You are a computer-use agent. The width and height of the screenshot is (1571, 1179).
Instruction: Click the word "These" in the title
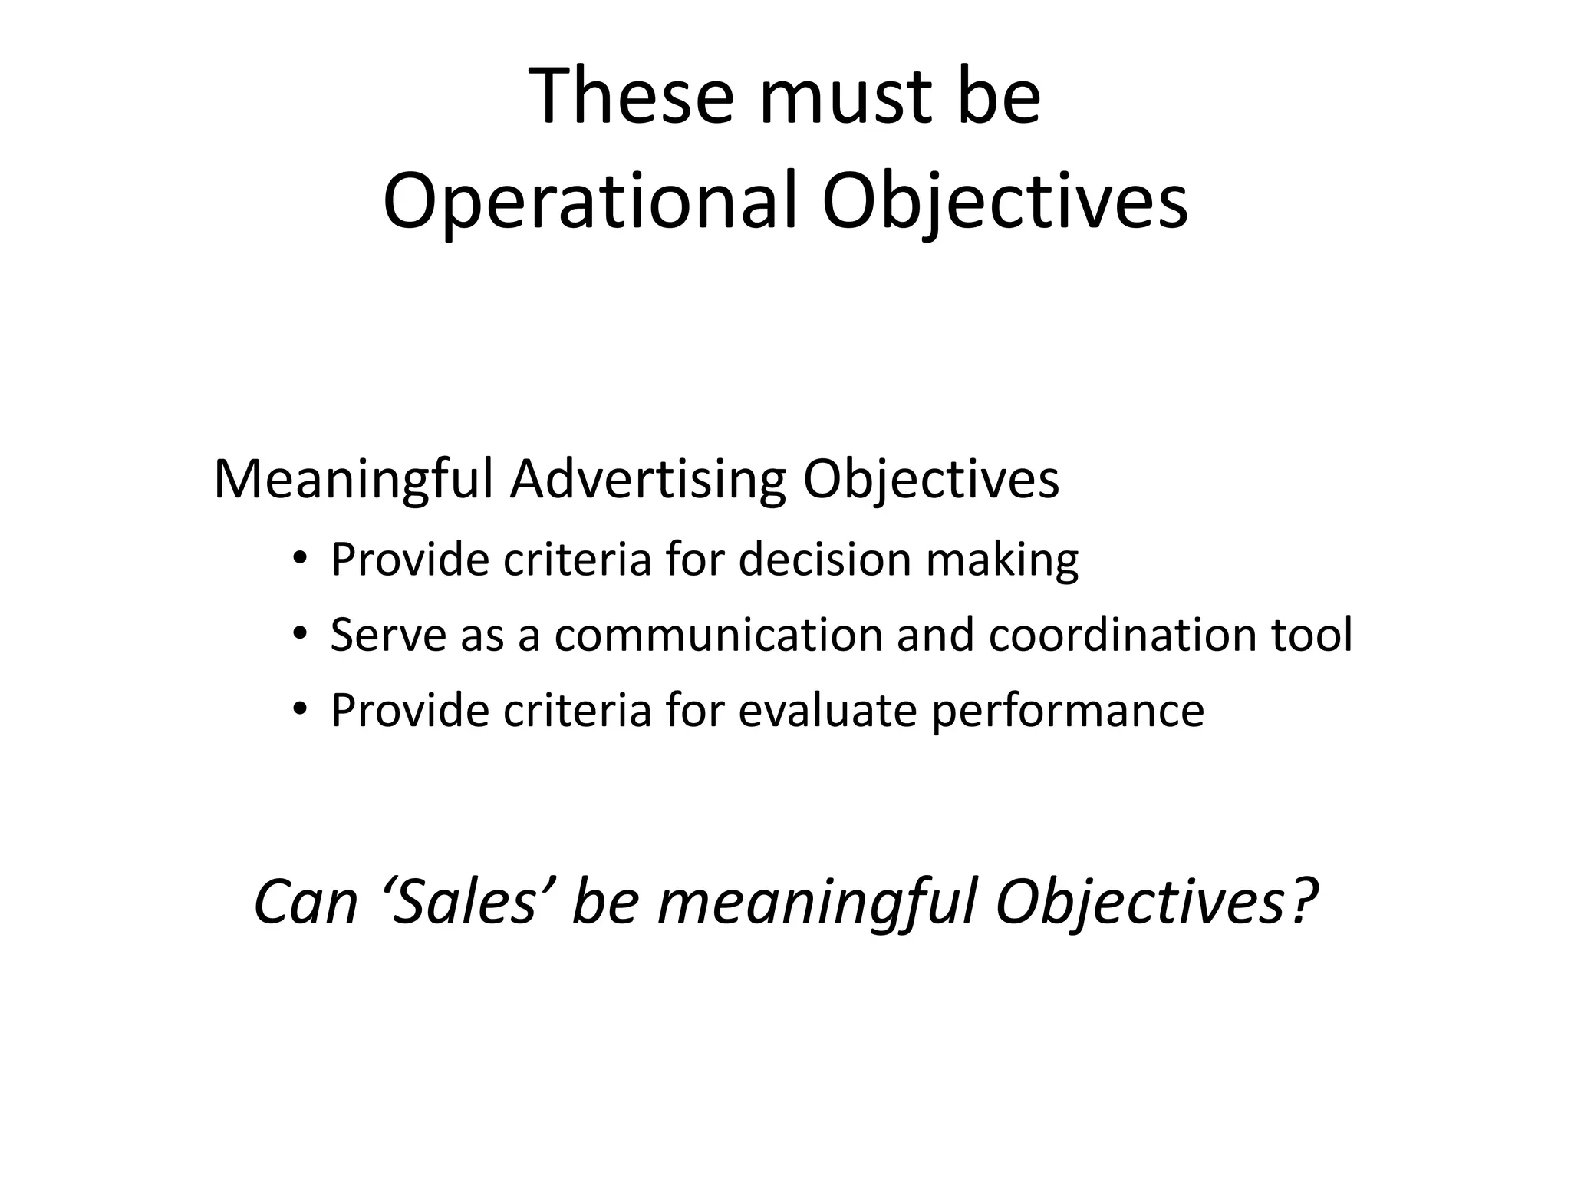coord(631,97)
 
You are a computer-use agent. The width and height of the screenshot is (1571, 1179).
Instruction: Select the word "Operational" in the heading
coord(591,201)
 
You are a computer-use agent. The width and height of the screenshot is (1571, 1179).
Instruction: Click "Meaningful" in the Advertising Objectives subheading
coord(354,481)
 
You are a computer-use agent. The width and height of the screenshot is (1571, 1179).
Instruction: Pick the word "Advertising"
coord(648,481)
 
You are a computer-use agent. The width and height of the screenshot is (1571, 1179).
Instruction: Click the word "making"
coord(1002,560)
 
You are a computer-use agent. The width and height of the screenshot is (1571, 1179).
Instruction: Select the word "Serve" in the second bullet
coord(388,635)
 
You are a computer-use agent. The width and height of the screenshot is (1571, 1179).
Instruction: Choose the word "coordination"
coord(1122,635)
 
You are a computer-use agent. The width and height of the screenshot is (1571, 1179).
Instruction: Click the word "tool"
coord(1312,635)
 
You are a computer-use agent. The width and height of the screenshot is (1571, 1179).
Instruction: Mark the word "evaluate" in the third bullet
coord(828,710)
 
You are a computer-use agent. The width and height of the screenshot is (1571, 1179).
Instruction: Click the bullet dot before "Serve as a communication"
coord(299,634)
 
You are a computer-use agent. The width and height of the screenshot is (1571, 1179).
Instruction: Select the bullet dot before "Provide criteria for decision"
coord(299,559)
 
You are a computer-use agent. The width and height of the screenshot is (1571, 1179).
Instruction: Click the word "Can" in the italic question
coord(305,902)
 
